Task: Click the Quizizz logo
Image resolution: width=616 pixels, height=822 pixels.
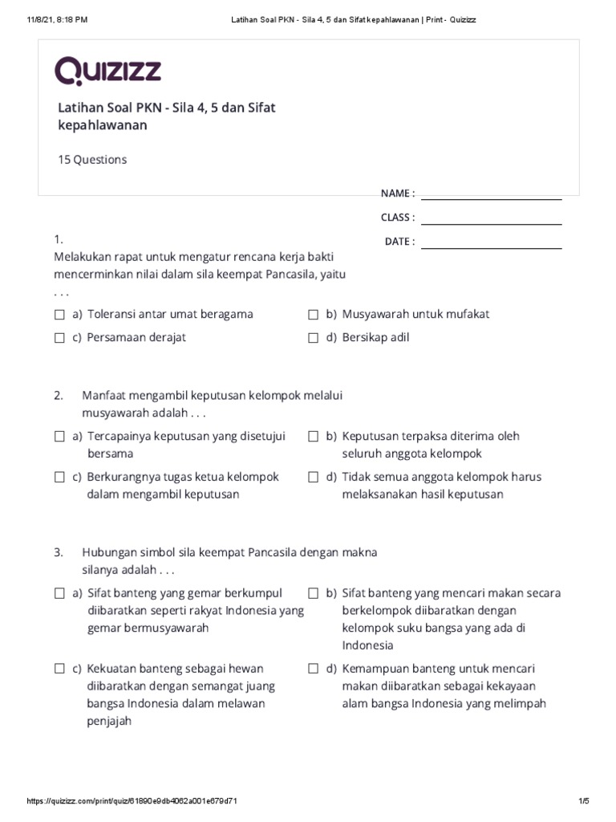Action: [107, 71]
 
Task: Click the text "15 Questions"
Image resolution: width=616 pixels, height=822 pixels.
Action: [91, 160]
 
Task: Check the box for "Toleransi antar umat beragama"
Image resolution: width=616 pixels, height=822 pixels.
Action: [59, 315]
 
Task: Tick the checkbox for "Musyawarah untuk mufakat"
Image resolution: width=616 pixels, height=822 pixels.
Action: [314, 315]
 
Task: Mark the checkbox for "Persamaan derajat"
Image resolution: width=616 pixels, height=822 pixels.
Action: [59, 338]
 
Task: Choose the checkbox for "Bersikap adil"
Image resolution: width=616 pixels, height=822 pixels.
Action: [314, 338]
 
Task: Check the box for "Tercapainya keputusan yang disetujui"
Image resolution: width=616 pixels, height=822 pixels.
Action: [59, 437]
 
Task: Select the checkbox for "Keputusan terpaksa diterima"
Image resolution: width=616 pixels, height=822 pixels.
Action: [314, 437]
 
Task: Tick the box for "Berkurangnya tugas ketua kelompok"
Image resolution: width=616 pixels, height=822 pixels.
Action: [59, 477]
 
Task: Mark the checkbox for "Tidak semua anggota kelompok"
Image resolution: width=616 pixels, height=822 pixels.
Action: [314, 477]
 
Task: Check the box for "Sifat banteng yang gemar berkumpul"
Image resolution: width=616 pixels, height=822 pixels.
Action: [59, 594]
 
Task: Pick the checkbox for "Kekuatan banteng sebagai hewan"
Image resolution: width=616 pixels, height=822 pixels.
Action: [59, 669]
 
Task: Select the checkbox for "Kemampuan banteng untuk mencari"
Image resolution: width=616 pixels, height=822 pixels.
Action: [314, 669]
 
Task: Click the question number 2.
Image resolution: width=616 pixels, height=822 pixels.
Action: [59, 396]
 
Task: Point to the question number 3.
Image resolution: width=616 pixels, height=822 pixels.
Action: [59, 553]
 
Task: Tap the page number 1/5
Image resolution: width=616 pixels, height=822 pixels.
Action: [583, 801]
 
